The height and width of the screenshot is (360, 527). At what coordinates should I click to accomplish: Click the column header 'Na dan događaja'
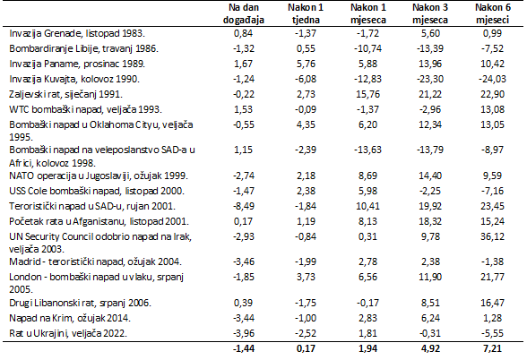(x=244, y=13)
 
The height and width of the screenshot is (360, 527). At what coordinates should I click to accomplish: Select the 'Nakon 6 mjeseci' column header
(x=492, y=13)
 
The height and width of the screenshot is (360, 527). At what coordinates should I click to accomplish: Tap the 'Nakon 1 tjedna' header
(x=306, y=13)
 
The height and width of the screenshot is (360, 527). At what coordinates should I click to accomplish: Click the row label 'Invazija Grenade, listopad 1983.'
(x=77, y=34)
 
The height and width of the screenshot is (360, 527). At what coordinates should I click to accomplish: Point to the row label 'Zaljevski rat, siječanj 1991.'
(x=65, y=94)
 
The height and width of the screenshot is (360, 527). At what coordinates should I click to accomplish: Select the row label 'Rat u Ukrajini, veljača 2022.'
(x=68, y=333)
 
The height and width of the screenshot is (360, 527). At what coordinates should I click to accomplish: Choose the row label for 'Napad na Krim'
(x=70, y=318)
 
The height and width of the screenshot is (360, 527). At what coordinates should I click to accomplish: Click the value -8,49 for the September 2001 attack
(x=244, y=206)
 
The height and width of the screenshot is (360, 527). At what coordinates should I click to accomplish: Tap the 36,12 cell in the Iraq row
(x=492, y=236)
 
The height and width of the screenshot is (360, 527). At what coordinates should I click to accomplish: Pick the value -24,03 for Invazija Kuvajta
(x=492, y=79)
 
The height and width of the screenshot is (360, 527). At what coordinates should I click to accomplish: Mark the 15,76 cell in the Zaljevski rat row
(x=367, y=94)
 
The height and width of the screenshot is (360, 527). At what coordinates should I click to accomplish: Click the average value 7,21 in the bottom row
(x=492, y=348)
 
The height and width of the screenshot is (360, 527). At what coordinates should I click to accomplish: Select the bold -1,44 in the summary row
(x=244, y=348)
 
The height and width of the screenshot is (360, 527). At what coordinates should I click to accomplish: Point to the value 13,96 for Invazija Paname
(x=430, y=64)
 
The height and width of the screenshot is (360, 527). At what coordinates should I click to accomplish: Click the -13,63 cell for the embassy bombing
(x=367, y=150)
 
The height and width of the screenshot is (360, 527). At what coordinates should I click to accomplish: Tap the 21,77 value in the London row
(x=492, y=277)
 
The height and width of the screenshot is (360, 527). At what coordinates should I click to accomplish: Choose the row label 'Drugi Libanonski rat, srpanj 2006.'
(x=80, y=303)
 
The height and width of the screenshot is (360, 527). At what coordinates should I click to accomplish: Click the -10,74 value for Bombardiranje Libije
(x=367, y=48)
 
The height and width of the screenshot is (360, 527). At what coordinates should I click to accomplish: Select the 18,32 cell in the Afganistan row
(x=430, y=222)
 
